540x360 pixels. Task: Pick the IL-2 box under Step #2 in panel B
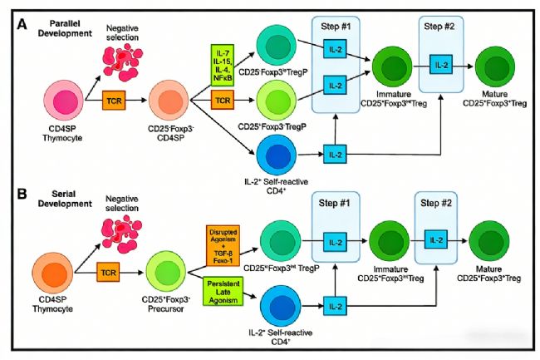pos(434,240)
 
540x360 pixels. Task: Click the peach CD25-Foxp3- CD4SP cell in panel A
pos(168,103)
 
